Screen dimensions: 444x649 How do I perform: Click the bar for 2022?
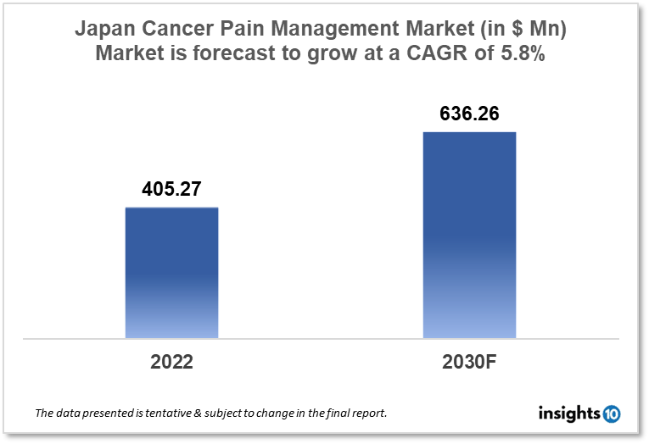tap(171, 273)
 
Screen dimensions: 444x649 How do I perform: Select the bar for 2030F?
tap(469, 235)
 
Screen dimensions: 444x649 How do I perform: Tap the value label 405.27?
tap(171, 189)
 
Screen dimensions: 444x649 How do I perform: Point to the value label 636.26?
tap(469, 114)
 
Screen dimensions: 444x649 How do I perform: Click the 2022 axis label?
tap(171, 362)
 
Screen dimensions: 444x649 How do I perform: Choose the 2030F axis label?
tap(469, 362)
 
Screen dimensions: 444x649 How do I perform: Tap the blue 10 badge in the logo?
tap(611, 413)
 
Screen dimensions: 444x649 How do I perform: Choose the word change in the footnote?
tap(283, 414)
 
